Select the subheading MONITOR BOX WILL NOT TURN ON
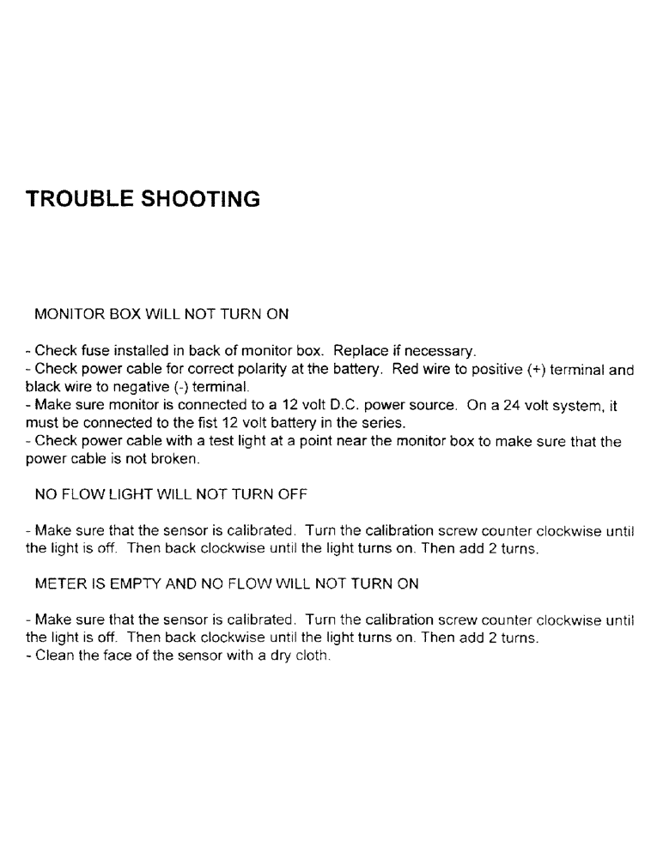point(161,314)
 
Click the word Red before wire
point(404,370)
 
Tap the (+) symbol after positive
point(531,370)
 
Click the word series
point(386,424)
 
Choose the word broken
point(176,460)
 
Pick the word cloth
point(313,656)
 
